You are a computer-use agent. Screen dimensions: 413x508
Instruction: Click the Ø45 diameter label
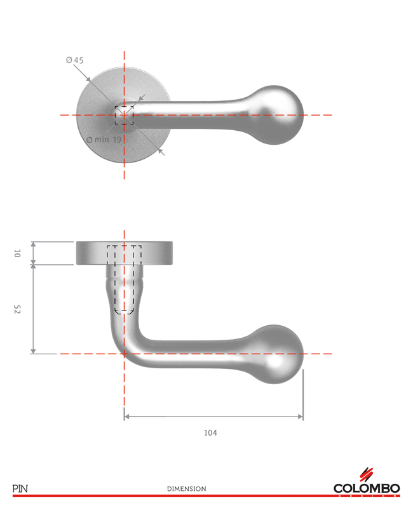(74, 60)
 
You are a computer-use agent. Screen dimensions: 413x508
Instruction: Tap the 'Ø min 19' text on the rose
(104, 140)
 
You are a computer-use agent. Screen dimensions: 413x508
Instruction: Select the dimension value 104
(210, 433)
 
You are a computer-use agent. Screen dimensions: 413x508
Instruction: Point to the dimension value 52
(17, 309)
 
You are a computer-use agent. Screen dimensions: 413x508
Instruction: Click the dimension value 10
(17, 253)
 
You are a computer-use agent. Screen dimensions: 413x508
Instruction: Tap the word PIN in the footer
(20, 488)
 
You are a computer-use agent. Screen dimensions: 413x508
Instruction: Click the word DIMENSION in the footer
(186, 489)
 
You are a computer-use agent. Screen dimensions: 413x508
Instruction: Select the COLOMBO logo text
(367, 488)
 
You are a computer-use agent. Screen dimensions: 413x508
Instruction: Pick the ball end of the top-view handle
(276, 115)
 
